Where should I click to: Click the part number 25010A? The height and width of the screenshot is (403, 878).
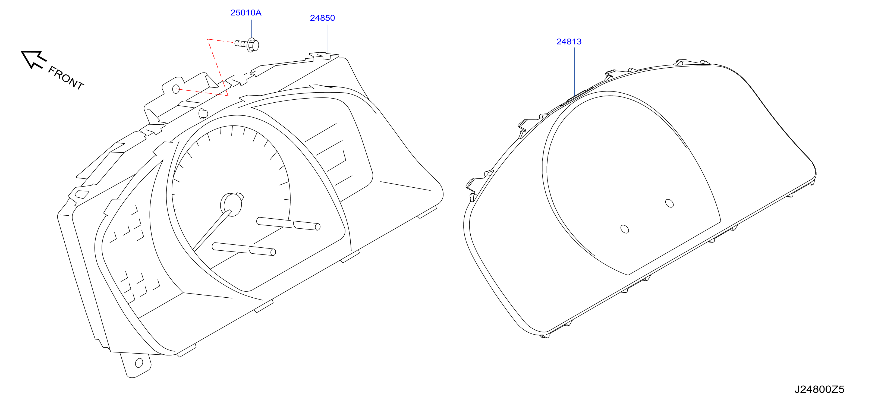coord(246,12)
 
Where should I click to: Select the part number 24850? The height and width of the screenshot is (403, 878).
coord(322,18)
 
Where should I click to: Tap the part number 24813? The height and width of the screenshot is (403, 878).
coord(569,42)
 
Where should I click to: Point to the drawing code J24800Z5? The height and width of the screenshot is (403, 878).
coord(819,389)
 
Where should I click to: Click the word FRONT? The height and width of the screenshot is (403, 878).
coord(66,78)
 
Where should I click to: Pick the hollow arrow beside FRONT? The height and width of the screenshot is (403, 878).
coord(33,59)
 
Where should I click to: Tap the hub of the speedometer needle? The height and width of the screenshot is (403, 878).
coord(231,204)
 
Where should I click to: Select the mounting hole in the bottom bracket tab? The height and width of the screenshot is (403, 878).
coord(139,363)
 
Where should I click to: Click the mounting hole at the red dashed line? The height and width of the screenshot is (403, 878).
coord(176,89)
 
